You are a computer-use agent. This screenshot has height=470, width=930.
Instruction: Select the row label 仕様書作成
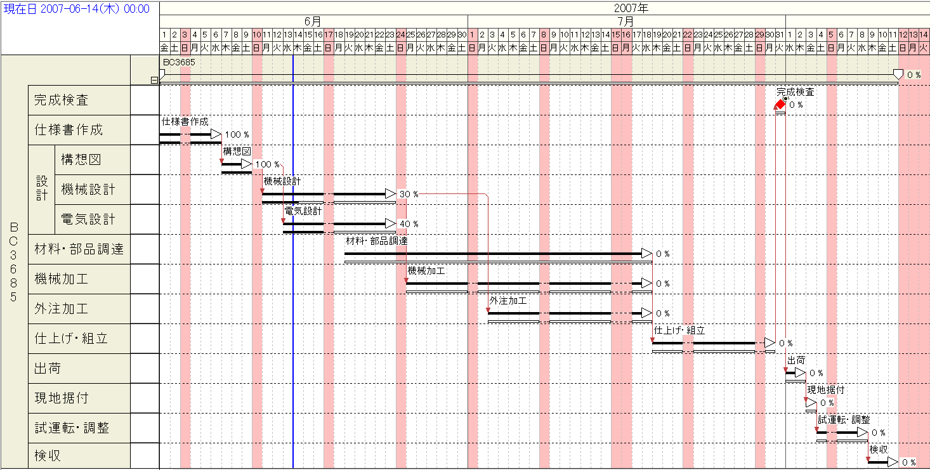(x=68, y=130)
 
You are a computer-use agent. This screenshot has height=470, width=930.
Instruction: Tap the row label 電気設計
(x=88, y=219)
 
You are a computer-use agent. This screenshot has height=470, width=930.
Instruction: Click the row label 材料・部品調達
(x=79, y=249)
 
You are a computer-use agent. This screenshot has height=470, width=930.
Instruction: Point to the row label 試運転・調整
(x=72, y=428)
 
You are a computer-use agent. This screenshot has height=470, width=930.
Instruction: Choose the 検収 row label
(x=48, y=456)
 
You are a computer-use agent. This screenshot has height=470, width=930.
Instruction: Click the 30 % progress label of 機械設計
(x=409, y=194)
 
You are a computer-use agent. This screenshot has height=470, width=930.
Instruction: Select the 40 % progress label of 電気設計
(x=409, y=224)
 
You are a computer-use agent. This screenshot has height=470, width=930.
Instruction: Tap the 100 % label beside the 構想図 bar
(x=267, y=164)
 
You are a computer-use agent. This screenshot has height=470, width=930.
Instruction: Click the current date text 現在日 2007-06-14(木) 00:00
(x=77, y=9)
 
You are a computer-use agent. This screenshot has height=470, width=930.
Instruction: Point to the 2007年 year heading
(x=631, y=8)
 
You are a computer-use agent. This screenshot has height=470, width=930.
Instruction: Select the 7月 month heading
(x=625, y=21)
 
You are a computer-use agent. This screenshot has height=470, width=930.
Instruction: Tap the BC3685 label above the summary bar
(x=179, y=63)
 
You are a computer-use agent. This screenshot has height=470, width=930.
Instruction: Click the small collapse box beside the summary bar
(x=154, y=80)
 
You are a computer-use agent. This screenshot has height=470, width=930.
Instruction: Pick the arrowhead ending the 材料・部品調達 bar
(x=646, y=254)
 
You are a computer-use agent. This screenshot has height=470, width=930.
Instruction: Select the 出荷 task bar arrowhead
(x=801, y=373)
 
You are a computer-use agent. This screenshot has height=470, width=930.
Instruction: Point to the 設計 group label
(x=41, y=189)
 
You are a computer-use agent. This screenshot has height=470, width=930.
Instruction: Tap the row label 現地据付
(x=61, y=398)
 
